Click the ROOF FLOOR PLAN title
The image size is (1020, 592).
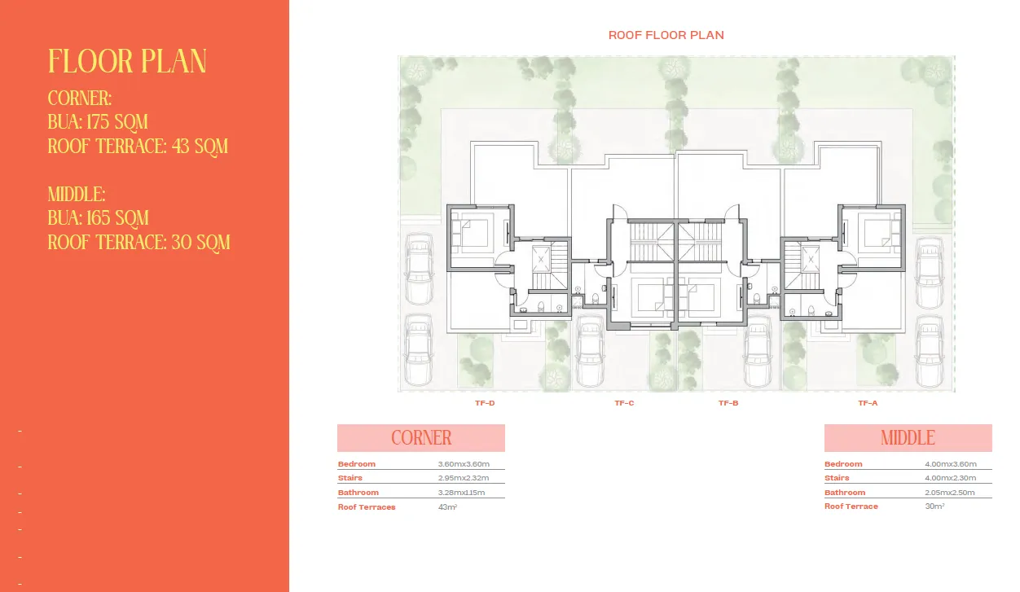click(666, 35)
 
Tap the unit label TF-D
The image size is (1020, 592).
click(485, 403)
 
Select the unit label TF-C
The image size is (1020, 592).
click(624, 403)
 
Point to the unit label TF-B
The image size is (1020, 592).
click(728, 403)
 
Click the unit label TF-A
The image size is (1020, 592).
click(868, 403)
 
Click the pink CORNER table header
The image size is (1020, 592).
click(421, 438)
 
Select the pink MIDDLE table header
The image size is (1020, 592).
click(908, 438)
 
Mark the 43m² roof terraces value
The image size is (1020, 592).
click(447, 507)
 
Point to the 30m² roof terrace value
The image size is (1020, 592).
click(934, 506)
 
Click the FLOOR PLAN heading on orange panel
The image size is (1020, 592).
click(127, 62)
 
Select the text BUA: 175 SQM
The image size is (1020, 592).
click(98, 122)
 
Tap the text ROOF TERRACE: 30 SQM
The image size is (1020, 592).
click(138, 242)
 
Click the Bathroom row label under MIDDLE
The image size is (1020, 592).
click(845, 493)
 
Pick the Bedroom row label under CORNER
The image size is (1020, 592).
click(357, 464)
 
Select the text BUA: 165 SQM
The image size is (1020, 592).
click(99, 218)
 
